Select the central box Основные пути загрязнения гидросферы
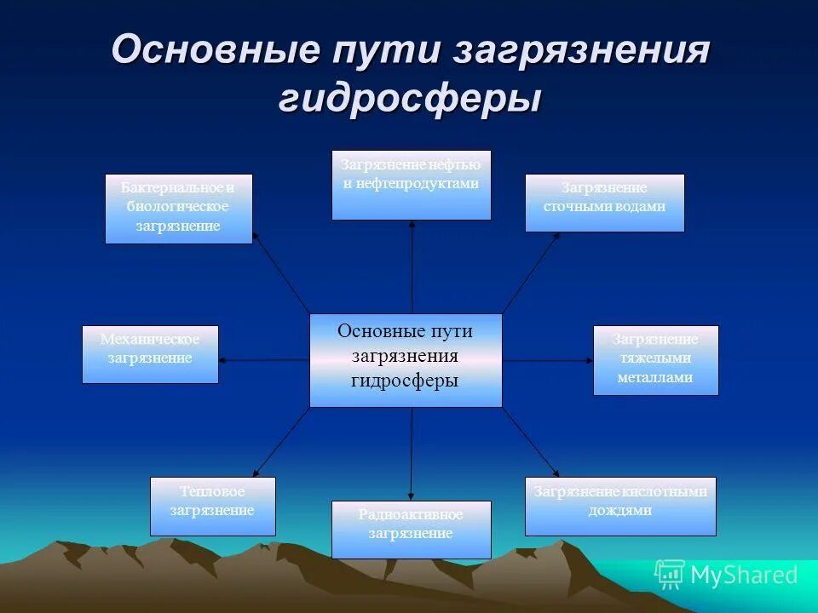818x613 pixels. (406, 360)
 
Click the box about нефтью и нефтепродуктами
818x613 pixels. (411, 185)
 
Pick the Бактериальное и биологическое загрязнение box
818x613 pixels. (178, 209)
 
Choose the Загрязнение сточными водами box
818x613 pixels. (604, 203)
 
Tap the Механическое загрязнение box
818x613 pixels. (150, 354)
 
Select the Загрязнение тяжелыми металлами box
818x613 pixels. (655, 360)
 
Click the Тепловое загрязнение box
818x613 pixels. (212, 506)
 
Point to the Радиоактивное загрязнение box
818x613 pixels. (411, 530)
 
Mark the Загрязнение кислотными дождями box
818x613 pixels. (620, 506)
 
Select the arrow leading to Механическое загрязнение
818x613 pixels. (264, 360)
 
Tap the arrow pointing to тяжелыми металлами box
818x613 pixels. (548, 360)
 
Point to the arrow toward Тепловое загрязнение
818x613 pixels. (281, 442)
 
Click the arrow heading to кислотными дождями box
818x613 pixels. (531, 442)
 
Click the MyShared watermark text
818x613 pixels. (743, 576)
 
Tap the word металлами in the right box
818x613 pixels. (655, 377)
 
